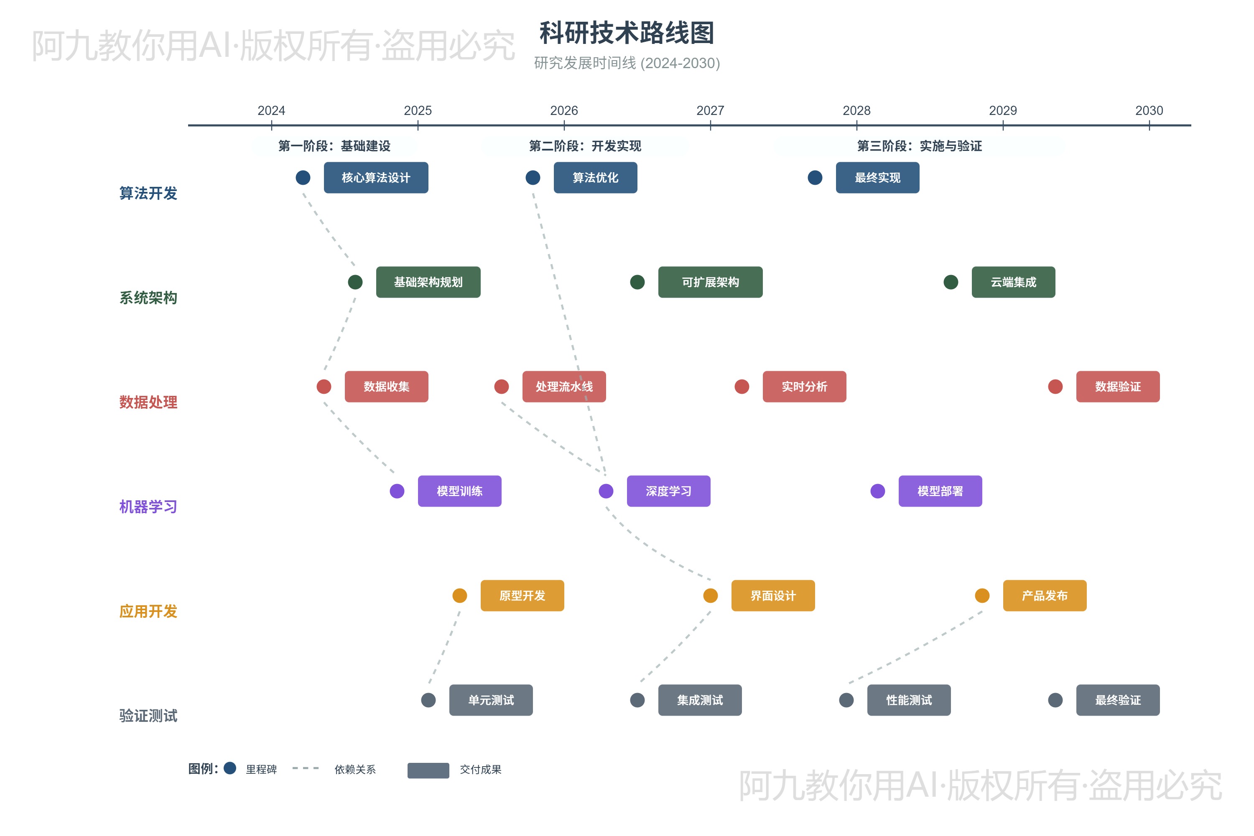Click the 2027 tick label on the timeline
(710, 110)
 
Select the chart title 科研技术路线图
(627, 33)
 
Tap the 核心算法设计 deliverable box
(376, 178)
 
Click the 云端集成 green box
(1013, 282)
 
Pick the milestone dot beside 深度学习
(606, 491)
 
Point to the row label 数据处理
(148, 403)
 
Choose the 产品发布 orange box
(1045, 596)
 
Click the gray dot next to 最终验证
(1055, 700)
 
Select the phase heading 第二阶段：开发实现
(585, 146)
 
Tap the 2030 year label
(1149, 110)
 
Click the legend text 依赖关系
(355, 770)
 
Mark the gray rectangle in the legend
(428, 770)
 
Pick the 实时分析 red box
(804, 387)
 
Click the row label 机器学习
(148, 507)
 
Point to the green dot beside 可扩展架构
(637, 282)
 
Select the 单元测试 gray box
(490, 700)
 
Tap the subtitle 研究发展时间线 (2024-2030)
(627, 63)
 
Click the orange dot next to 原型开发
(459, 596)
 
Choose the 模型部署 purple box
(940, 491)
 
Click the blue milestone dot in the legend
(230, 768)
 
